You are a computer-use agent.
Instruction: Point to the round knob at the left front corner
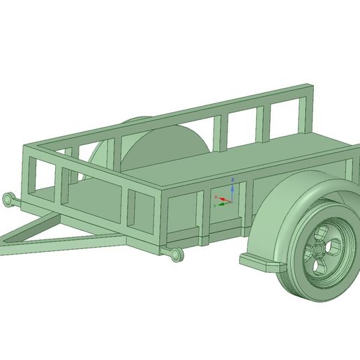click(8, 200)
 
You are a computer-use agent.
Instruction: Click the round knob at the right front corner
click(177, 254)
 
